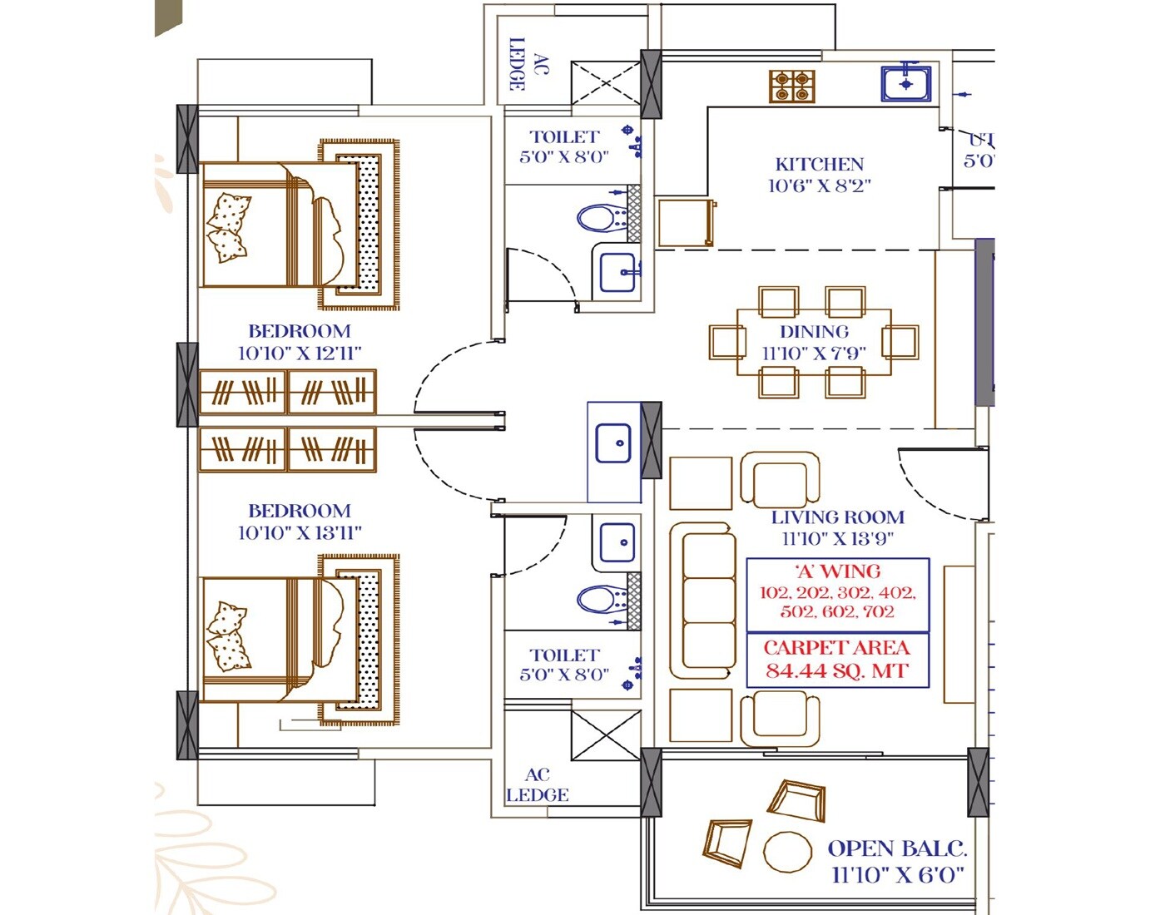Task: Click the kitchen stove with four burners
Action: [x=791, y=86]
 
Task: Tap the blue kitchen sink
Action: [x=905, y=84]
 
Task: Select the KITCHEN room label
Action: [x=820, y=165]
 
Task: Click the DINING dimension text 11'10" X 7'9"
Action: [x=814, y=354]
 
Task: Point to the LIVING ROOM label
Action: [x=837, y=517]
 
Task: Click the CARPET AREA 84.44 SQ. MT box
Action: [x=837, y=660]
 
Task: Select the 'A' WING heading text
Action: [x=837, y=571]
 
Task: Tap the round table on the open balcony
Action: [x=787, y=852]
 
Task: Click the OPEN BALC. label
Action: [x=897, y=849]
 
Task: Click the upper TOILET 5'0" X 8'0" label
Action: [x=564, y=146]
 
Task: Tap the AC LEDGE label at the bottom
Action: [x=538, y=784]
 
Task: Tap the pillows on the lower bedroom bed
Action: [x=227, y=636]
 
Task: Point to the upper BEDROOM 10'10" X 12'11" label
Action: [x=300, y=342]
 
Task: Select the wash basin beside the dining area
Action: [x=614, y=443]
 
